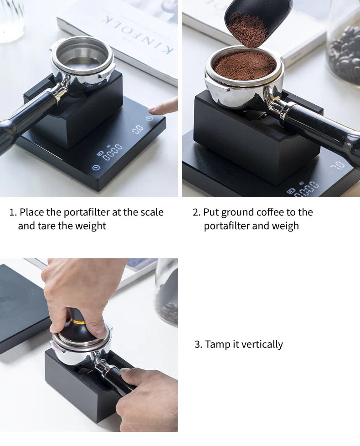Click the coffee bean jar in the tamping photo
[x=166, y=292]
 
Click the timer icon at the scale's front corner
[x=97, y=168]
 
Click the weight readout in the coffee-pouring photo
[x=339, y=165]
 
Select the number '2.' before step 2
[x=197, y=212]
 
